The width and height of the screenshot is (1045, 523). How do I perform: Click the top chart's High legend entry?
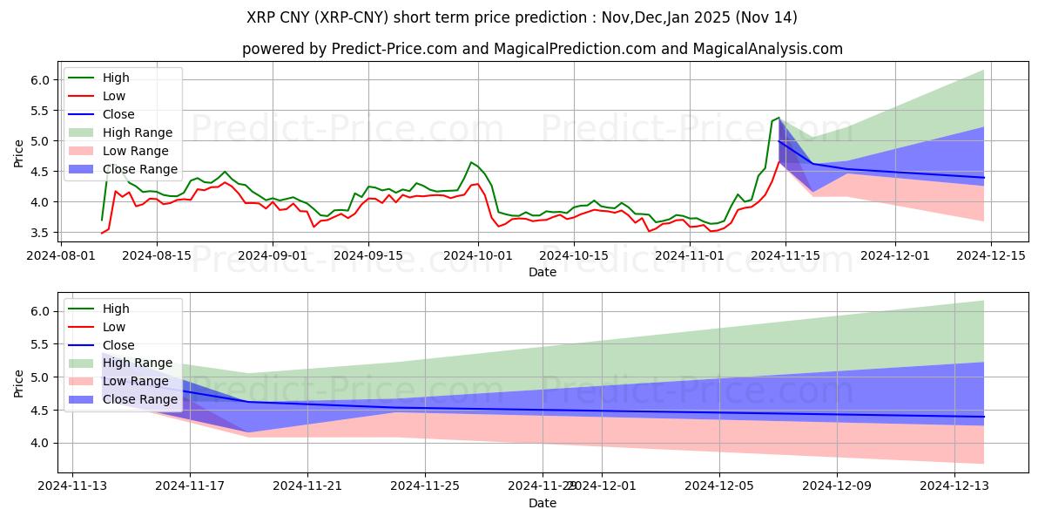[115, 78]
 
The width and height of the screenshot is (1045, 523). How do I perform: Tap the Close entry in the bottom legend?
[118, 345]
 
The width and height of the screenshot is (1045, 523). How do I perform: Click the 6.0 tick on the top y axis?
[40, 79]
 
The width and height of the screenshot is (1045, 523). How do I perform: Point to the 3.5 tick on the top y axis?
[40, 233]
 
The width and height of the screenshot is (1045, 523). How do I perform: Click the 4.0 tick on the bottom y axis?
[40, 443]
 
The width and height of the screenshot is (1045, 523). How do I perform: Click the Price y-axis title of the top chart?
[19, 154]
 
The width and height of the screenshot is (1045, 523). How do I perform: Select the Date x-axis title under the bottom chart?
[542, 504]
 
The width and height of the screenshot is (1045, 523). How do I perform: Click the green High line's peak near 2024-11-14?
[779, 118]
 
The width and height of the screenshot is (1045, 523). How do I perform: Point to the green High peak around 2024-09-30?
[471, 162]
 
